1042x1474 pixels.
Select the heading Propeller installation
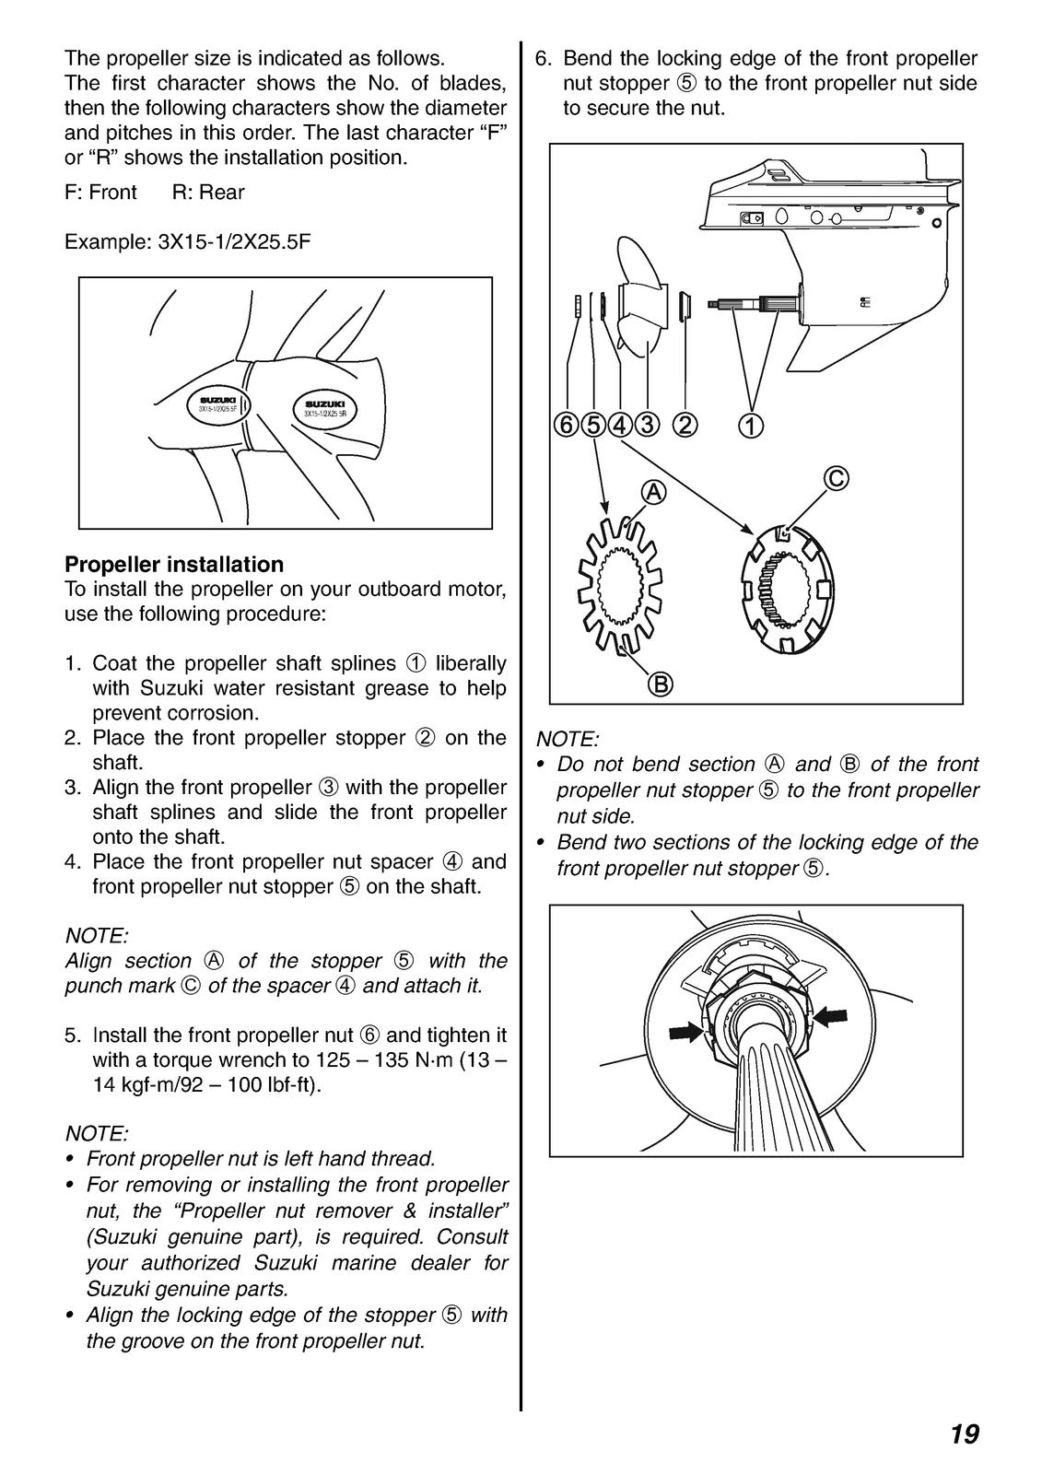[x=174, y=564]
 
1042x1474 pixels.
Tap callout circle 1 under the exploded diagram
[x=751, y=425]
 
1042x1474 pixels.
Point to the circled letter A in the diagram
[x=652, y=493]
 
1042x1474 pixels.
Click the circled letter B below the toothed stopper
[x=661, y=684]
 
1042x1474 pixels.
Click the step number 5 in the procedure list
[x=73, y=1035]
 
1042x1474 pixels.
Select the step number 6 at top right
[x=544, y=59]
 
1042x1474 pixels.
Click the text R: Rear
[x=208, y=193]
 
